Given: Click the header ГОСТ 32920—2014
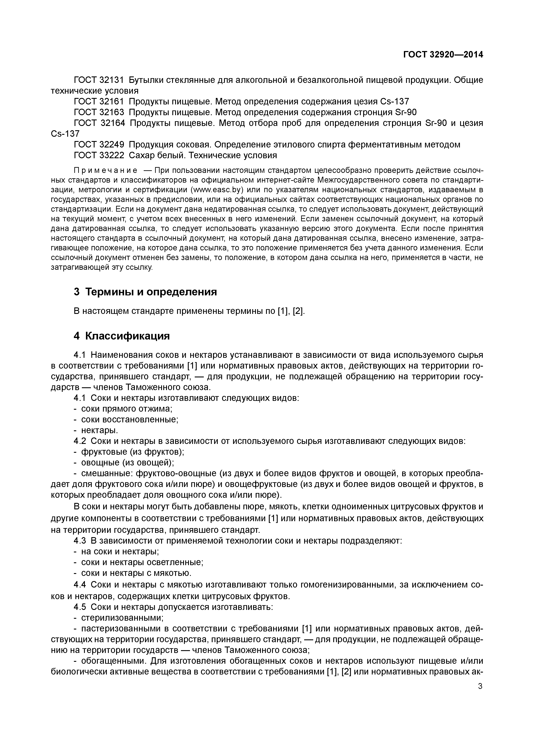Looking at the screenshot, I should [x=443, y=55].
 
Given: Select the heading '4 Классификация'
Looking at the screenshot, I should [x=122, y=336].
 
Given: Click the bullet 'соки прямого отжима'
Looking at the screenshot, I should [x=127, y=409].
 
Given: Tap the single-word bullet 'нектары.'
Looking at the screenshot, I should [x=99, y=430].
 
